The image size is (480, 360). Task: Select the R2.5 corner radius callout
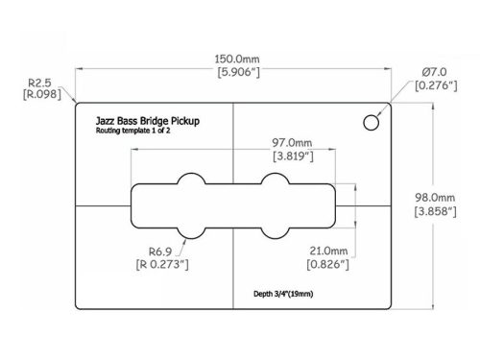tap(39, 82)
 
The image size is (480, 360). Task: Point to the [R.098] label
tap(39, 94)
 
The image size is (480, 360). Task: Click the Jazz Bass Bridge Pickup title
tap(148, 122)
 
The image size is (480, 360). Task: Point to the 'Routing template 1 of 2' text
tap(138, 132)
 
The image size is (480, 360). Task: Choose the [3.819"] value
tap(293, 156)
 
